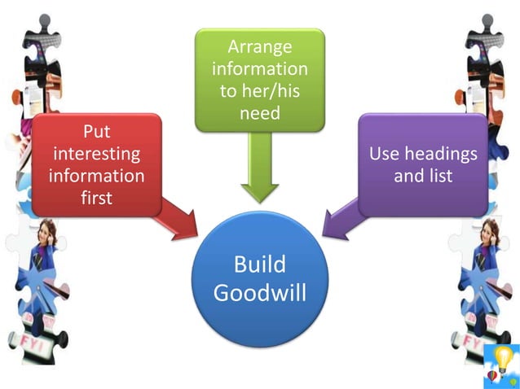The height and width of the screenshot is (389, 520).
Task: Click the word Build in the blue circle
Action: click(x=259, y=264)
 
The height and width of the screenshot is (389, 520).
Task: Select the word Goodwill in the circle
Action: click(x=259, y=292)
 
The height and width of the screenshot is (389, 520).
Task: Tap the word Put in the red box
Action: click(x=98, y=132)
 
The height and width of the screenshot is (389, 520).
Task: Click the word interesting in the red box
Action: click(x=97, y=154)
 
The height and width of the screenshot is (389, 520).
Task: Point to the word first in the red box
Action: click(x=97, y=198)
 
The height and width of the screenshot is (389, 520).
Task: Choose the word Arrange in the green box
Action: click(x=259, y=47)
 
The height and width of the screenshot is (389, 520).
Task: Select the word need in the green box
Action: click(x=259, y=113)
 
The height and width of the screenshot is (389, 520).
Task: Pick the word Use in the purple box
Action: click(x=386, y=153)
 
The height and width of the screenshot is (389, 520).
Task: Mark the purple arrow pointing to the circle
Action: click(x=340, y=221)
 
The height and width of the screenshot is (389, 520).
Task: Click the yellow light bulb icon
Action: click(x=504, y=358)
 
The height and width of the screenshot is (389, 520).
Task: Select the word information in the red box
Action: click(x=97, y=176)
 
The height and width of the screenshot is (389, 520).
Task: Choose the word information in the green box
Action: click(x=259, y=69)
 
